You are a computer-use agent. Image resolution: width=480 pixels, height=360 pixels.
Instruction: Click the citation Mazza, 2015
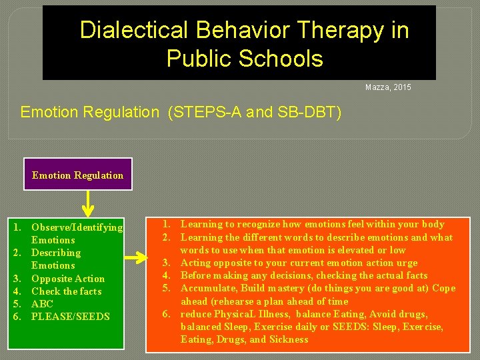tap(388, 87)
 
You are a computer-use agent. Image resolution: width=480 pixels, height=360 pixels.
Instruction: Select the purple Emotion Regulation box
tap(77, 175)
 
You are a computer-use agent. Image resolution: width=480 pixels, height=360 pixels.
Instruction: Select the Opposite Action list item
tap(68, 279)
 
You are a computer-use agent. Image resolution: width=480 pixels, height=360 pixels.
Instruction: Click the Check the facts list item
tap(67, 291)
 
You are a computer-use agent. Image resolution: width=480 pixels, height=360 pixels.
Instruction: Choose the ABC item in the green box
tap(42, 304)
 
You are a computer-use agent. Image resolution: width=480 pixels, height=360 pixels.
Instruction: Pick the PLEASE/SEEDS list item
tap(71, 317)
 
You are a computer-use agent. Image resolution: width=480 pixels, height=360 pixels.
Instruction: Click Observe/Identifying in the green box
tap(77, 227)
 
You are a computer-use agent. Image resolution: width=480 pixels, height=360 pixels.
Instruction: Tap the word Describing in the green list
tap(56, 253)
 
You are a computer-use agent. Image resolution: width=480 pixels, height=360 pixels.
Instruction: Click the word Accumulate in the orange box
tap(207, 289)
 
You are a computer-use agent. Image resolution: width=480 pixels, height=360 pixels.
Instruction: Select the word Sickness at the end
tap(288, 339)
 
